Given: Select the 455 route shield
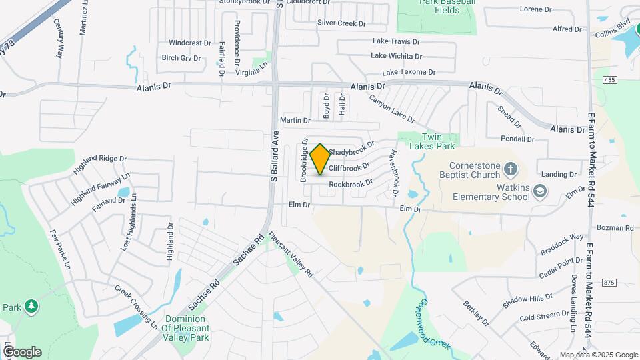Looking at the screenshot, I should (612, 81).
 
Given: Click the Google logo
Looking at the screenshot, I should (22, 351).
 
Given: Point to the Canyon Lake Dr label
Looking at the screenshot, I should (393, 109).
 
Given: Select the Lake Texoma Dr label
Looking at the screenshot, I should (408, 72).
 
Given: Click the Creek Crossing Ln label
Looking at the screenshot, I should (136, 308).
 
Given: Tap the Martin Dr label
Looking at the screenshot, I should (295, 121).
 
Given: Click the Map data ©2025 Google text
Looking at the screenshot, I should (599, 355).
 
